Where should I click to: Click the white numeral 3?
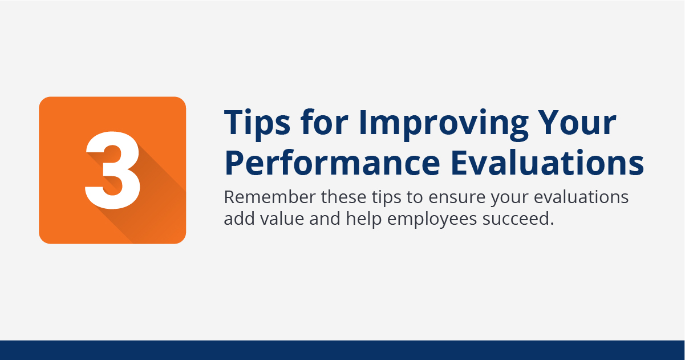click(112, 170)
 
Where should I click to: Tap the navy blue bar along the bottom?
click(342, 350)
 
